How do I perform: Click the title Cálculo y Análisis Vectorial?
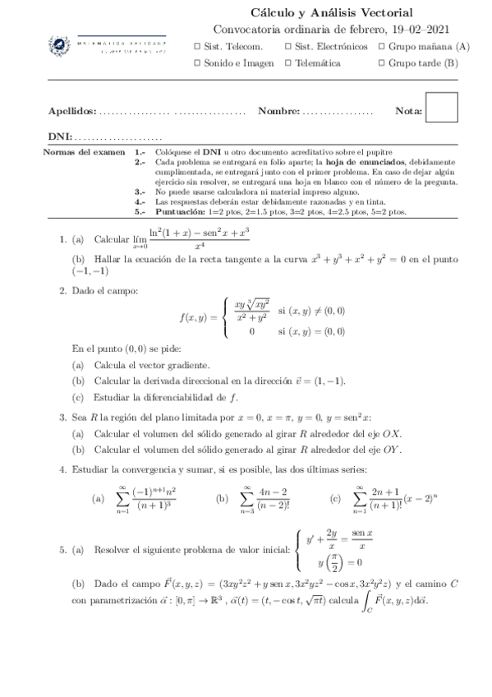(x=331, y=12)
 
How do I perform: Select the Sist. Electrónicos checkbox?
(x=288, y=47)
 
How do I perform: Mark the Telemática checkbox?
(x=288, y=62)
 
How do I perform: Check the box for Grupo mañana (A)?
(x=382, y=47)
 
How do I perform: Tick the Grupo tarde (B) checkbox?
(x=382, y=62)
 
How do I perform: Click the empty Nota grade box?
(x=442, y=108)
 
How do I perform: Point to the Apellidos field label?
(x=72, y=111)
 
